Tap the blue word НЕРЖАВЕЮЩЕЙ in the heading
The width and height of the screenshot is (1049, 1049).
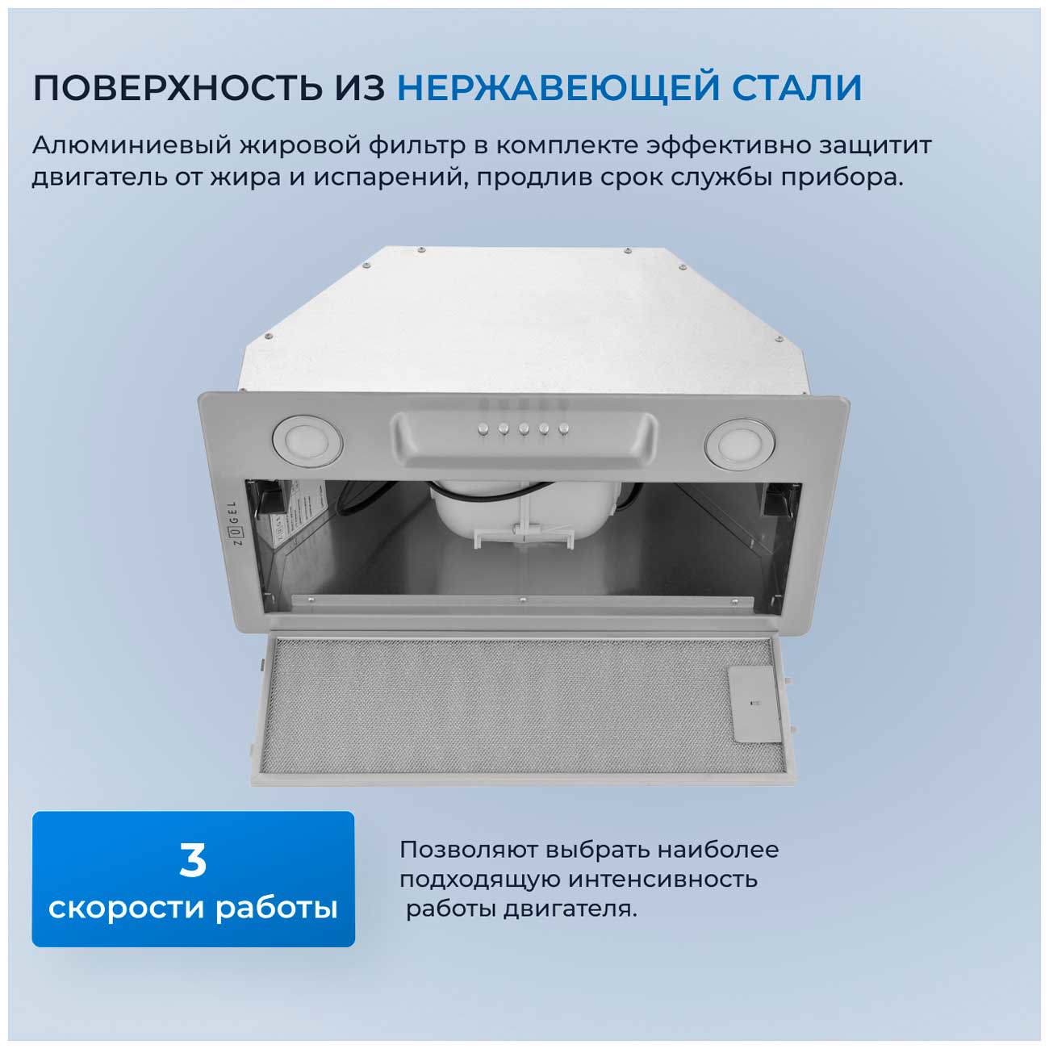(556, 88)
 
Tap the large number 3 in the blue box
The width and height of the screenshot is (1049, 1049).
(193, 860)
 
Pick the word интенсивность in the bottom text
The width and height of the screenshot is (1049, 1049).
(662, 880)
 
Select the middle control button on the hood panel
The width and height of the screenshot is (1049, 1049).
(522, 428)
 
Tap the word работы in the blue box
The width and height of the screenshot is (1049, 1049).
(276, 908)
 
